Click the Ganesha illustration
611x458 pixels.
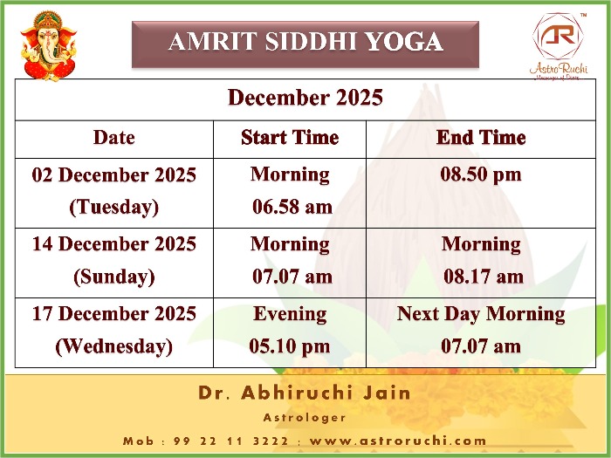[49, 46]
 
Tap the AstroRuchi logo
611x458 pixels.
[559, 47]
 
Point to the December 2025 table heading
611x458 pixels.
[305, 98]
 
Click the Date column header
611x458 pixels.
[114, 138]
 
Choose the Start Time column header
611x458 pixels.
[290, 138]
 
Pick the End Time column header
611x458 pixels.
[481, 138]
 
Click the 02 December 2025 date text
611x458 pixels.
[114, 174]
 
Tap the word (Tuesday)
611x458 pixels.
[114, 207]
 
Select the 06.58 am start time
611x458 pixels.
[292, 207]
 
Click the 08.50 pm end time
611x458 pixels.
[481, 174]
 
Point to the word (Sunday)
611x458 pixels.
[114, 277]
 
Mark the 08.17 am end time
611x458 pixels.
[484, 277]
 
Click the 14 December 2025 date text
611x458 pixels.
[114, 244]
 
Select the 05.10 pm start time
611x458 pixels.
[290, 346]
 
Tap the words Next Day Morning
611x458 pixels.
[481, 314]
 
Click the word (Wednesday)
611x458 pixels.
[114, 346]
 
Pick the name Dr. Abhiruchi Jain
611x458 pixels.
[305, 393]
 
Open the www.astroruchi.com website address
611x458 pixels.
[398, 441]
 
